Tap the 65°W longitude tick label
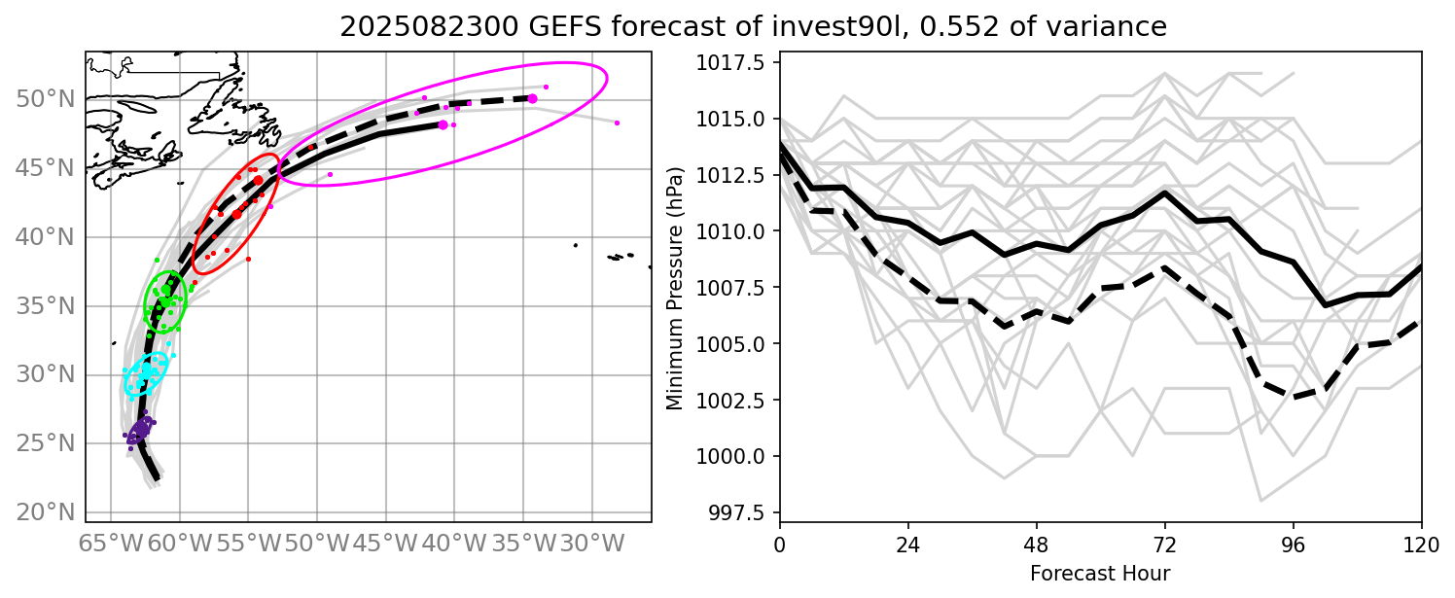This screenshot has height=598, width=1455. pyautogui.click(x=111, y=539)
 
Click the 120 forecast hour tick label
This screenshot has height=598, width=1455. pyautogui.click(x=1421, y=540)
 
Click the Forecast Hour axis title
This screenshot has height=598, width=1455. pyautogui.click(x=1100, y=572)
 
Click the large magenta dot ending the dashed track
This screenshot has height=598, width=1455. pyautogui.click(x=532, y=98)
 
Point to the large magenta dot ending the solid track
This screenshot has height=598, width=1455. pyautogui.click(x=444, y=124)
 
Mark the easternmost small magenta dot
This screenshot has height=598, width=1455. pyautogui.click(x=618, y=123)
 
